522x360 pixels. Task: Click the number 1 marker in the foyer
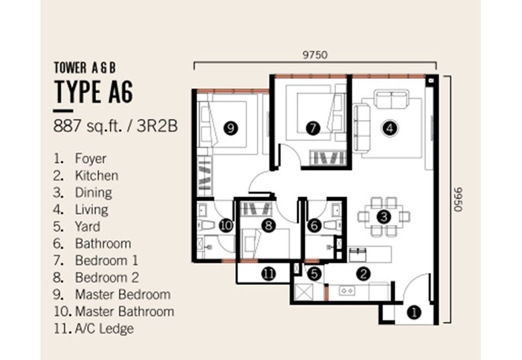coord(414,313)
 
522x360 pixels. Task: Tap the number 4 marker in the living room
coord(390,128)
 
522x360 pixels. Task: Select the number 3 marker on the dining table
coord(384,217)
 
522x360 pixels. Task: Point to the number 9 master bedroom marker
coord(230,128)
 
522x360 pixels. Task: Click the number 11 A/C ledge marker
coord(268,274)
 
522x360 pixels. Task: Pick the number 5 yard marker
coord(314,274)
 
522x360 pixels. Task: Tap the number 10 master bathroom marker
coord(226,226)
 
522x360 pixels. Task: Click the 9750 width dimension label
coord(315,55)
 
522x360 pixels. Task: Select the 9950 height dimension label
coord(459,200)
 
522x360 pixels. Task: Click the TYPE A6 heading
coord(93,91)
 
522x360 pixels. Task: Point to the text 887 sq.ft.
coord(88,127)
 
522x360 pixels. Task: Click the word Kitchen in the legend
coord(97,175)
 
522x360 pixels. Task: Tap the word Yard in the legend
coord(87,226)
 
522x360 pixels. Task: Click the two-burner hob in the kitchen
coord(347,291)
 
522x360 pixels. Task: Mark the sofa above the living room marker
coord(391,98)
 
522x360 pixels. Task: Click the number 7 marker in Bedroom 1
coord(313,128)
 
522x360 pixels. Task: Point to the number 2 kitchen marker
coord(363,274)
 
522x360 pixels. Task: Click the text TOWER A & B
coord(85,68)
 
